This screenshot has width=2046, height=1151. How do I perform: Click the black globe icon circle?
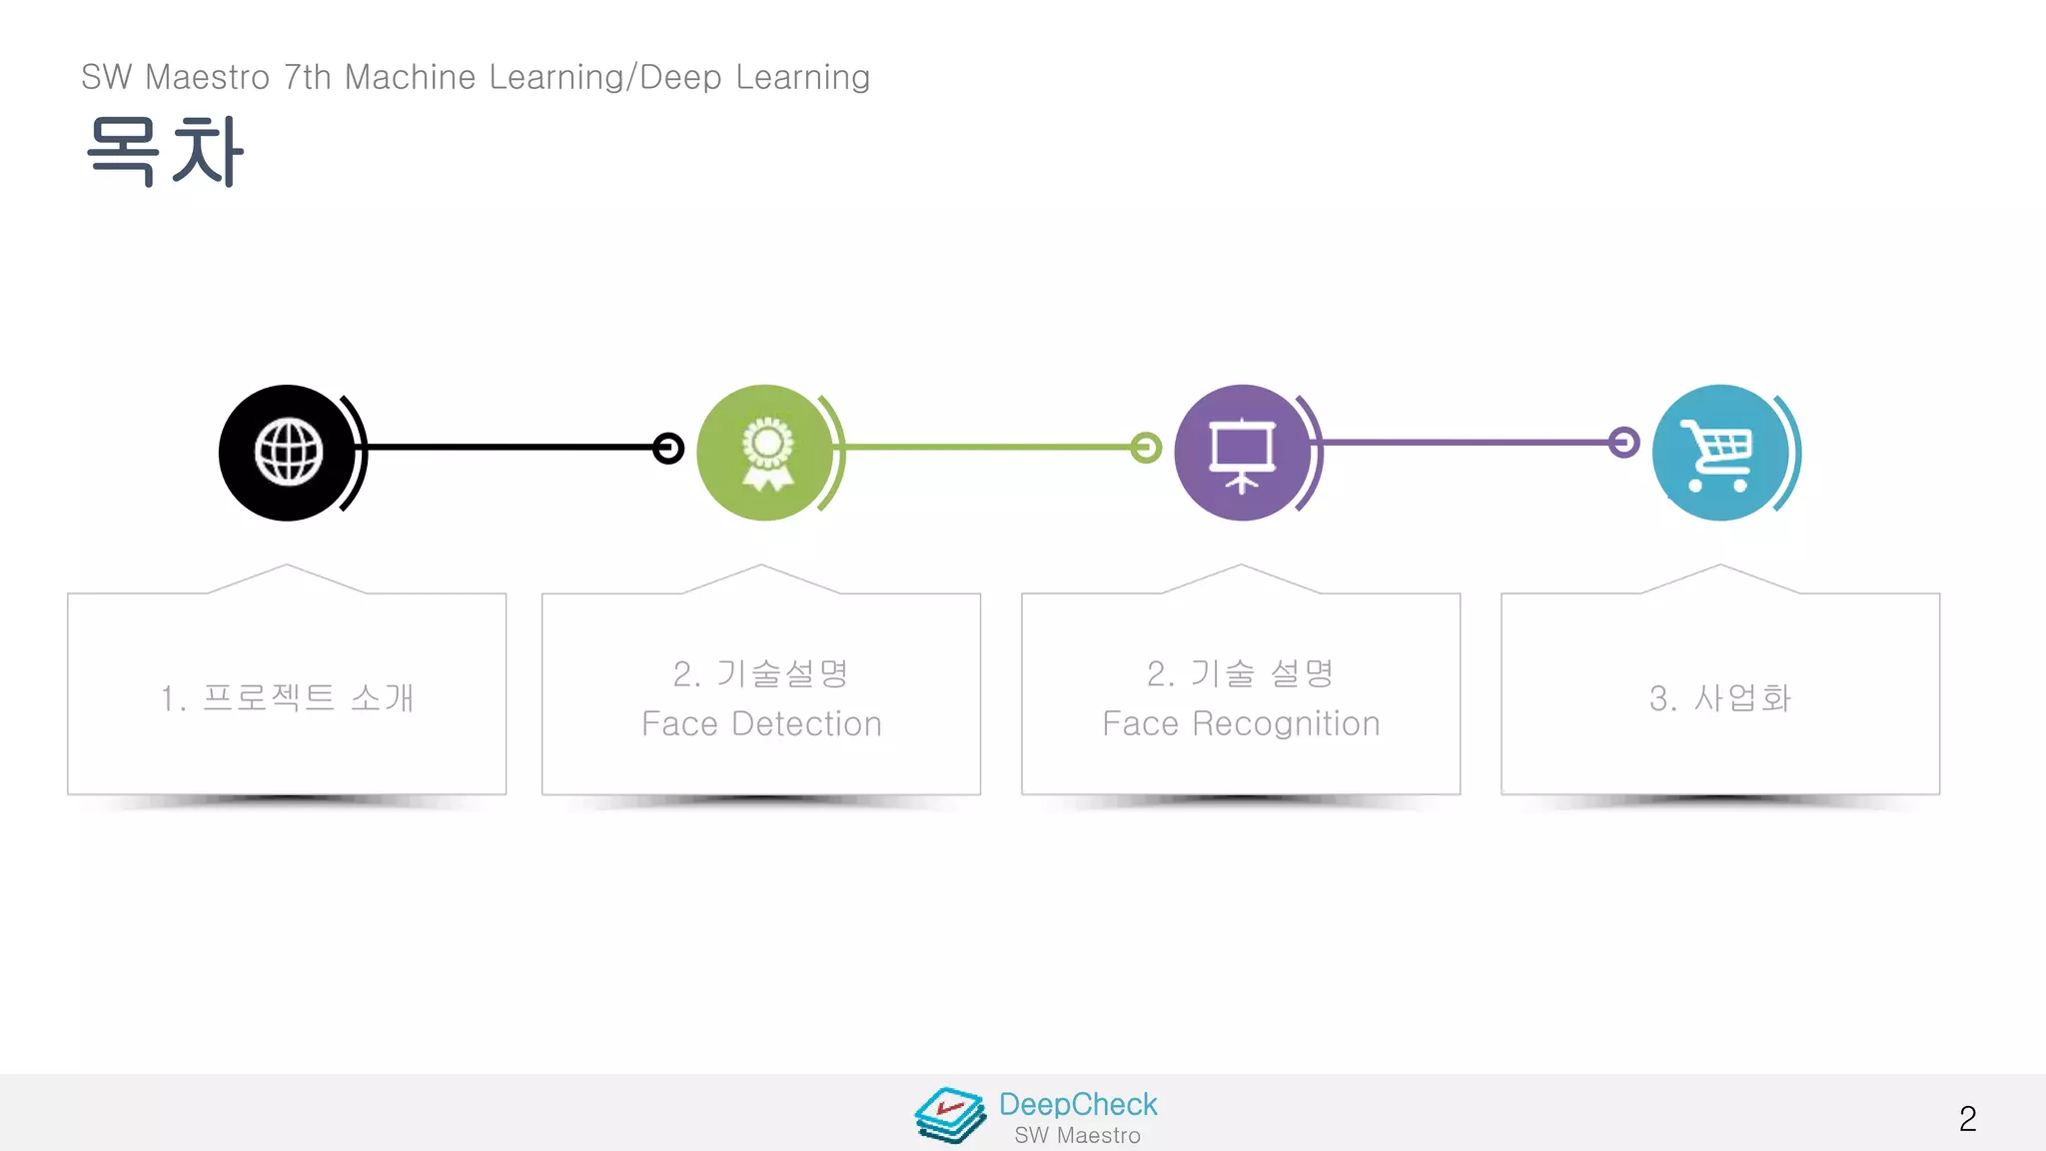coord(288,453)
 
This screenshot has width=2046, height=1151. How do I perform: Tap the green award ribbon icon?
coord(766,453)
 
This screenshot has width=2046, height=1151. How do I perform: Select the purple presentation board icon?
coord(1242,453)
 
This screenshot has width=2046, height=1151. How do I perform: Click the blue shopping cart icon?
coord(1718,453)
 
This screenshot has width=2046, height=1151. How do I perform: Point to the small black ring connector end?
coord(668,448)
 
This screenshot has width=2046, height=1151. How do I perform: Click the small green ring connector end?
coord(1146,448)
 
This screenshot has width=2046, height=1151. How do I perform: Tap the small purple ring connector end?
coord(1624,442)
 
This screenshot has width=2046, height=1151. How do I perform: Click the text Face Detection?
coord(761,723)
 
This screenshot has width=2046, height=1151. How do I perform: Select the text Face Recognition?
coord(1241,723)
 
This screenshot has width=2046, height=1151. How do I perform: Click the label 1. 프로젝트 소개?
coord(287,697)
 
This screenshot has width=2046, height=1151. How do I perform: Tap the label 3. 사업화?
coord(1719,697)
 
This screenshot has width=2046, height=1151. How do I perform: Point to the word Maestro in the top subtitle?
coord(207,77)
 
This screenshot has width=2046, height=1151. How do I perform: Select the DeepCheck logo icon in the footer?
coord(949,1115)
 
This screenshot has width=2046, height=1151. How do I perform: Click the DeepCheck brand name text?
coord(1078,1104)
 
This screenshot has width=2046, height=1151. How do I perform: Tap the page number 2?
coord(1967,1118)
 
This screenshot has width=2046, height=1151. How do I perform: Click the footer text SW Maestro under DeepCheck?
coord(1077,1136)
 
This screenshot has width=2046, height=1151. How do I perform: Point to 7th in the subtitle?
coord(307,77)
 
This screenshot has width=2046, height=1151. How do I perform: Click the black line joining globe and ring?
coord(510,448)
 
